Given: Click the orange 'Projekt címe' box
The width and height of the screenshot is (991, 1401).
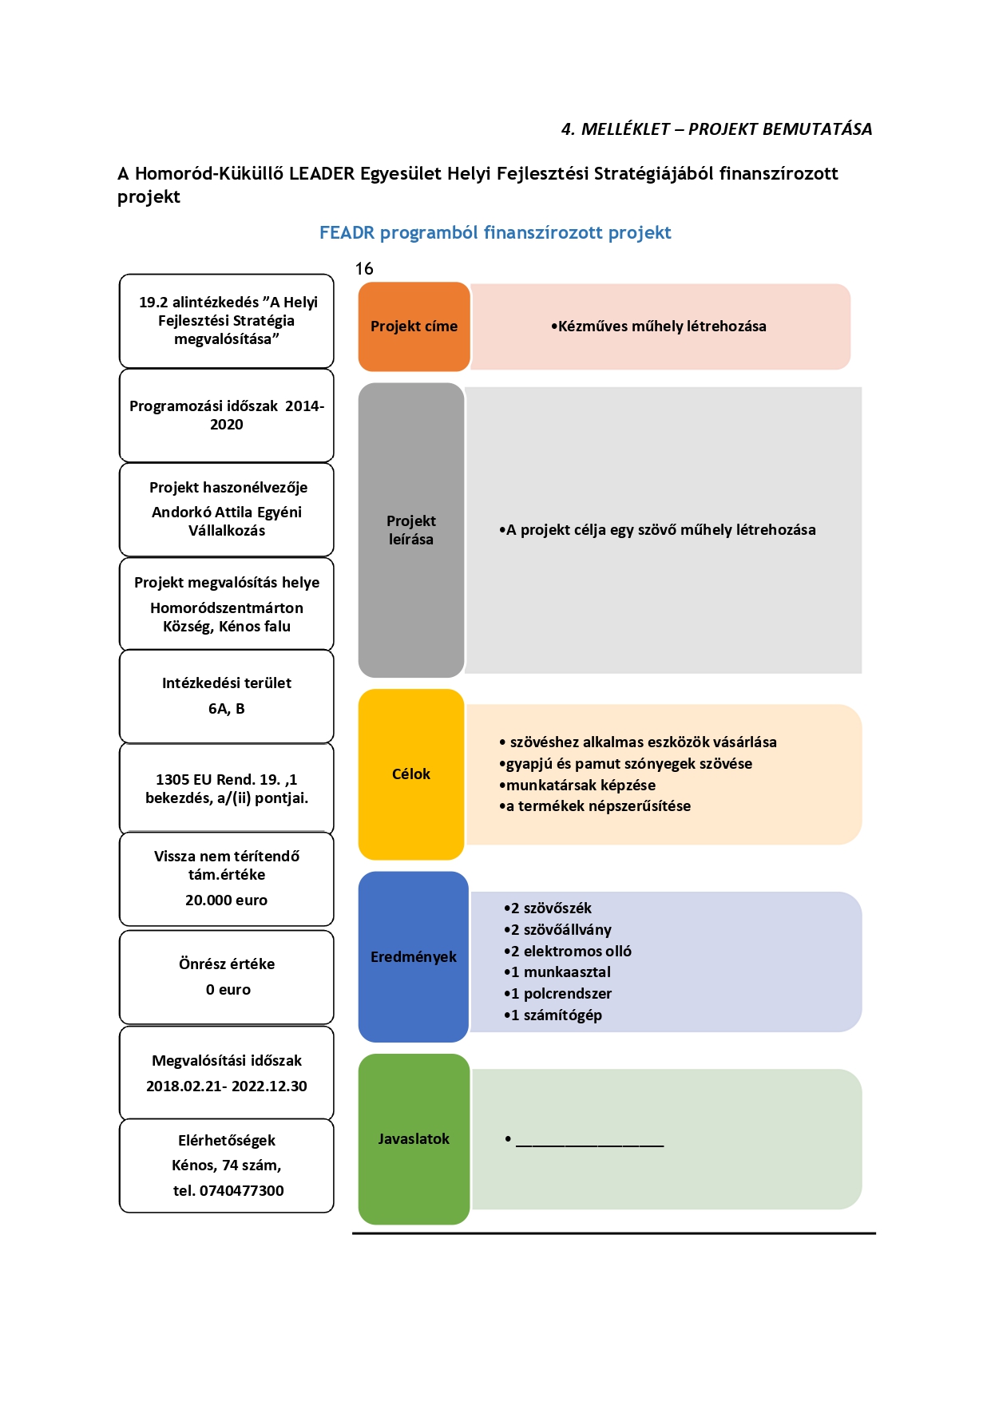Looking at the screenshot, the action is pyautogui.click(x=414, y=327).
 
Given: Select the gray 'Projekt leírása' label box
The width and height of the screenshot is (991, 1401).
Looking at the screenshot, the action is pyautogui.click(x=411, y=530).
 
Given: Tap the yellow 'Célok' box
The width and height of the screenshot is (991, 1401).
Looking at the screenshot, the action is pyautogui.click(x=411, y=774).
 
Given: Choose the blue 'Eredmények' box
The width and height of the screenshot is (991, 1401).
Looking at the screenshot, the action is pyautogui.click(x=414, y=956).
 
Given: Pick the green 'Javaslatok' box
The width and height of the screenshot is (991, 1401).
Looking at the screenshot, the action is pyautogui.click(x=414, y=1139).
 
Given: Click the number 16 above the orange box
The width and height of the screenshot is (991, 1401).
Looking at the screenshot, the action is pyautogui.click(x=364, y=269).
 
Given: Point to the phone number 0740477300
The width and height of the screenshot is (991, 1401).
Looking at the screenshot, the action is pyautogui.click(x=242, y=1190).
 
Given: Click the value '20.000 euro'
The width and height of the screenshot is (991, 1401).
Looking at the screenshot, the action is pyautogui.click(x=227, y=900).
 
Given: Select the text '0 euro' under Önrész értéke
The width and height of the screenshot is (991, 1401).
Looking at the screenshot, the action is pyautogui.click(x=228, y=989).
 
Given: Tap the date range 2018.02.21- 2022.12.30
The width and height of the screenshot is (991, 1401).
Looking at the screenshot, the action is pyautogui.click(x=227, y=1086).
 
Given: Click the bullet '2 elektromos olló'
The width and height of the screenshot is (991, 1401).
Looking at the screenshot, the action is pyautogui.click(x=568, y=951).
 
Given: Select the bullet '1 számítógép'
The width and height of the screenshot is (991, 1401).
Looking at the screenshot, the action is pyautogui.click(x=553, y=1015).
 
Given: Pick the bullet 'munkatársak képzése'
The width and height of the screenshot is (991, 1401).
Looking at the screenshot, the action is pyautogui.click(x=577, y=785).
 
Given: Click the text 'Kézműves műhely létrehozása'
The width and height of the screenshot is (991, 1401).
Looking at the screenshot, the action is pyautogui.click(x=659, y=327).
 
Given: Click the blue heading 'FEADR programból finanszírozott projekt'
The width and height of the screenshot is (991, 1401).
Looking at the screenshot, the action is pyautogui.click(x=495, y=232).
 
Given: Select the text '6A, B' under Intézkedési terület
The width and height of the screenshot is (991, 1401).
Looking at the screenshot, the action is pyautogui.click(x=227, y=708).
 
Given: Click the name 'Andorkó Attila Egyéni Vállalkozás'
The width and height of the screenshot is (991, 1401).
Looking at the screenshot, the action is pyautogui.click(x=227, y=521).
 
